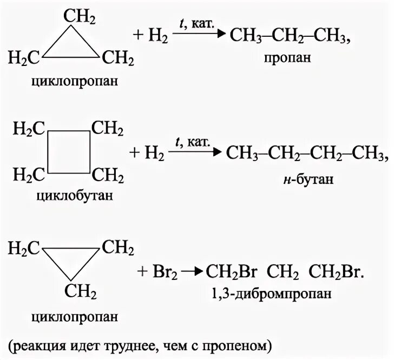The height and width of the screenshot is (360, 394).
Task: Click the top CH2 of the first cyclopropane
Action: pyautogui.click(x=82, y=19)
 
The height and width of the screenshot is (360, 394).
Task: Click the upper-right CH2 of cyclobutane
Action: pyautogui.click(x=107, y=130)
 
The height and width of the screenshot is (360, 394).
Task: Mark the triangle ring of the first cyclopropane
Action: pyautogui.click(x=71, y=46)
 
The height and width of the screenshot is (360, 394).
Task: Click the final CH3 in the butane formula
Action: pyautogui.click(x=370, y=154)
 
